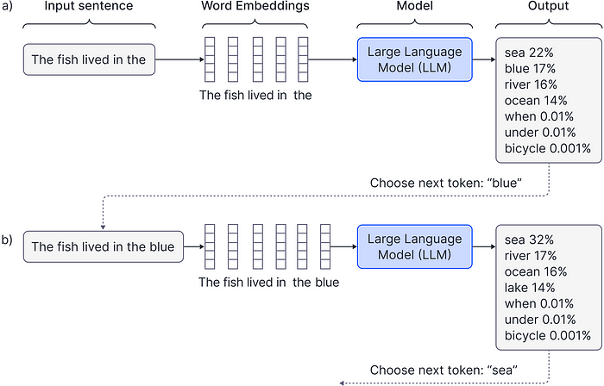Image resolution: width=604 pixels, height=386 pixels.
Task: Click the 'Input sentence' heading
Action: [x=89, y=6]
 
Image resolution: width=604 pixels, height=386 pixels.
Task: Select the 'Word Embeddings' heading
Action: [x=255, y=6]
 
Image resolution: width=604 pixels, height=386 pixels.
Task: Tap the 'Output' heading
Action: [x=548, y=6]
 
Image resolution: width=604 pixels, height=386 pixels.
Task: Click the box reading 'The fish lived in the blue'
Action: [x=104, y=246]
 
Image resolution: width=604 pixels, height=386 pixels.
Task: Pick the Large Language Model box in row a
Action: [x=414, y=59]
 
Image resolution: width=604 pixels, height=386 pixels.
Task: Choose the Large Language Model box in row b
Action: [x=414, y=246]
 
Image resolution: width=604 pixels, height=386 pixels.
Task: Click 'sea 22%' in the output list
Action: [x=529, y=53]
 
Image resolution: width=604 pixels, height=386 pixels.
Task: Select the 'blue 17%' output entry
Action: [x=530, y=68]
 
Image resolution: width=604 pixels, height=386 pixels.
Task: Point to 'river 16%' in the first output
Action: [x=531, y=84]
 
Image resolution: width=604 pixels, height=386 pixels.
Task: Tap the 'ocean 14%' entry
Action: [x=536, y=101]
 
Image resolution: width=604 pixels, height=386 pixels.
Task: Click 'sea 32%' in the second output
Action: [x=529, y=240]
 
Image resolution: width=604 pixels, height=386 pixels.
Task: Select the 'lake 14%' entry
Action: [x=530, y=288]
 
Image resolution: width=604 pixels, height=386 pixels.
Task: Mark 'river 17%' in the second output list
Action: [x=531, y=256]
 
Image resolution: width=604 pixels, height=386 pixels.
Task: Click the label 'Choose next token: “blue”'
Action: [x=446, y=183]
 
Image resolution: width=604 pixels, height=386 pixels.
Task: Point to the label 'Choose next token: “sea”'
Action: [x=444, y=370]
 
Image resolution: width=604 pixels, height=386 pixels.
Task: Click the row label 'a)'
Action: [x=7, y=6]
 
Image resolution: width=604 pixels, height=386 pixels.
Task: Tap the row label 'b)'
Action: [x=7, y=240]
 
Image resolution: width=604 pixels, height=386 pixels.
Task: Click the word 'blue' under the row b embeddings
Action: [x=327, y=283]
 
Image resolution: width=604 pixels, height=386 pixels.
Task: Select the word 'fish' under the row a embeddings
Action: [x=234, y=95]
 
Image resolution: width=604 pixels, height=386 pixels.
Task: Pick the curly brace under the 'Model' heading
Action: [x=414, y=24]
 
